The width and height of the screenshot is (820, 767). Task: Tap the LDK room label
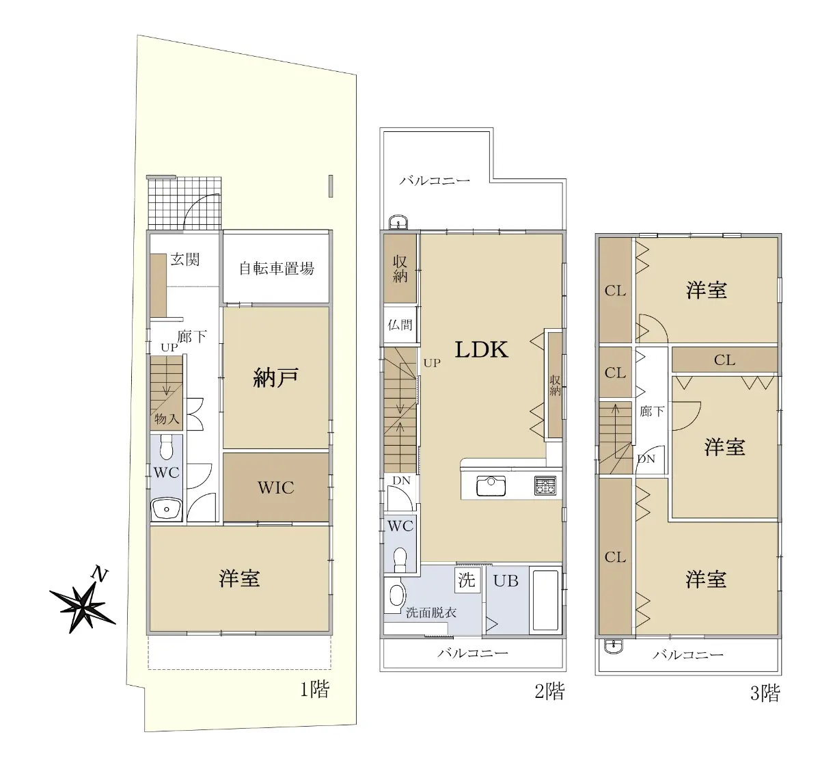coord(482,349)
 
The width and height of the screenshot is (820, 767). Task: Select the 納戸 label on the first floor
coord(275,377)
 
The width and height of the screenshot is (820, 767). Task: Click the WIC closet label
coord(276,487)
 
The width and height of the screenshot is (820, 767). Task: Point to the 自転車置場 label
coord(277,269)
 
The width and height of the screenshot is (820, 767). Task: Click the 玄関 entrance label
coord(185,260)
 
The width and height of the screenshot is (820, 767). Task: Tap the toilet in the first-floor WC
coord(167,446)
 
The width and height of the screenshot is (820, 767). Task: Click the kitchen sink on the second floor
coord(491,486)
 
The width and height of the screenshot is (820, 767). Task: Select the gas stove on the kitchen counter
coord(545,485)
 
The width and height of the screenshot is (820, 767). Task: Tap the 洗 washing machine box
coord(467,580)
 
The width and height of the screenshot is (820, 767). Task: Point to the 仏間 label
coord(400,325)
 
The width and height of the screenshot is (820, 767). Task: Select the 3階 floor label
coord(765,693)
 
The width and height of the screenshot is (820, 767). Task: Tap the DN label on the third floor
coord(646,459)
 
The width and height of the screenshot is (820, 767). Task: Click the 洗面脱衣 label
coord(431,613)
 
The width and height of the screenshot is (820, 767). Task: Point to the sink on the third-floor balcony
coord(613,646)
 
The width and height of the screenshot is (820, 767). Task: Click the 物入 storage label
coord(167,419)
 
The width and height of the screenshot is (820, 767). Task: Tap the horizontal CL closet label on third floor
coord(724,360)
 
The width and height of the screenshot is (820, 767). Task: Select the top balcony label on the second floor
coord(435,180)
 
